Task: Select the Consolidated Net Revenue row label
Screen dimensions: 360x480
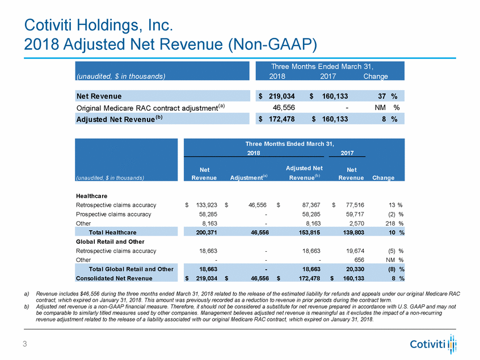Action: [113, 278]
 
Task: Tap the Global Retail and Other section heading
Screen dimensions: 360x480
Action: [110, 242]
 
